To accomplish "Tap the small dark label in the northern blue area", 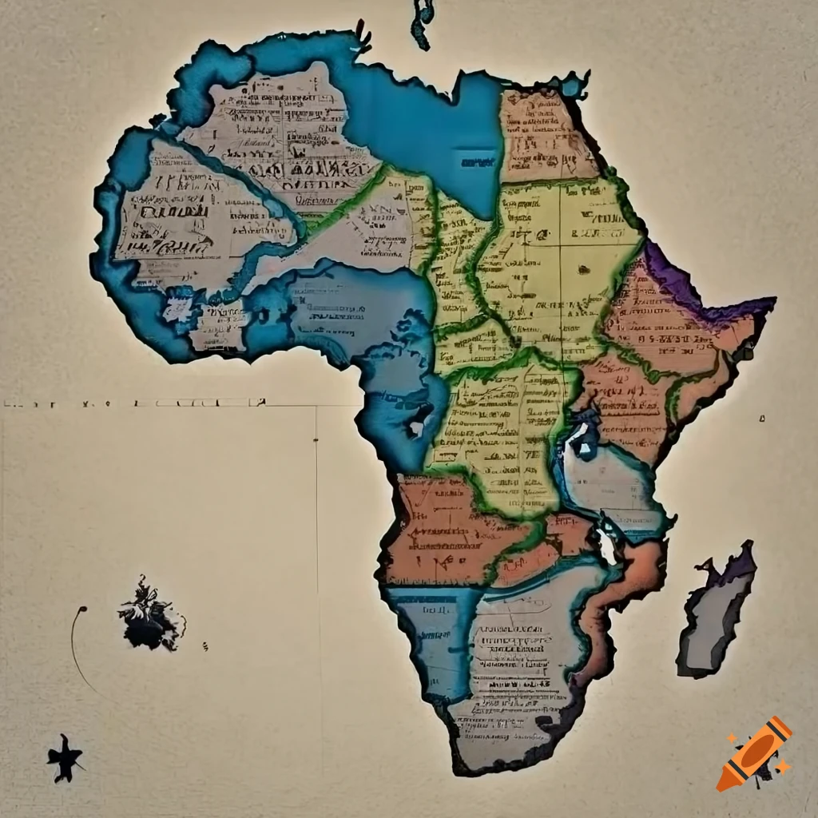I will point(477,163).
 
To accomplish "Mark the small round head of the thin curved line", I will point(82,610).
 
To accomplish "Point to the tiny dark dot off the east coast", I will point(763,417).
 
